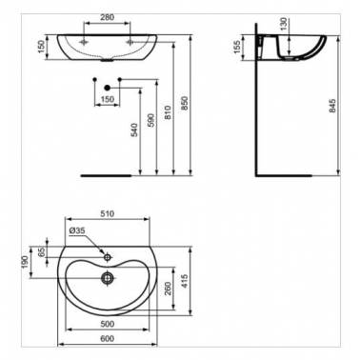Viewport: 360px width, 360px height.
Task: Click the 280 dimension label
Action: click(x=107, y=17)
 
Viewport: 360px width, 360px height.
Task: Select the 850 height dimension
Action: click(x=186, y=103)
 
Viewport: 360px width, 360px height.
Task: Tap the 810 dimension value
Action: click(x=169, y=112)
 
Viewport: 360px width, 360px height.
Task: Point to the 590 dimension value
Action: click(x=151, y=120)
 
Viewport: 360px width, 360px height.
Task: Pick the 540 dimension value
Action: click(x=134, y=130)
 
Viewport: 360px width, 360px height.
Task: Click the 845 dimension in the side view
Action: click(x=332, y=106)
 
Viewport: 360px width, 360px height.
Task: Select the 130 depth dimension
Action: click(x=284, y=24)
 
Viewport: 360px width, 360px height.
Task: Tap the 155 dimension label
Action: click(x=237, y=47)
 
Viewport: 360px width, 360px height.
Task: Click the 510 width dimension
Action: click(x=108, y=214)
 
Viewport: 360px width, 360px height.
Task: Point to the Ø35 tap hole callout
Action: click(x=77, y=230)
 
